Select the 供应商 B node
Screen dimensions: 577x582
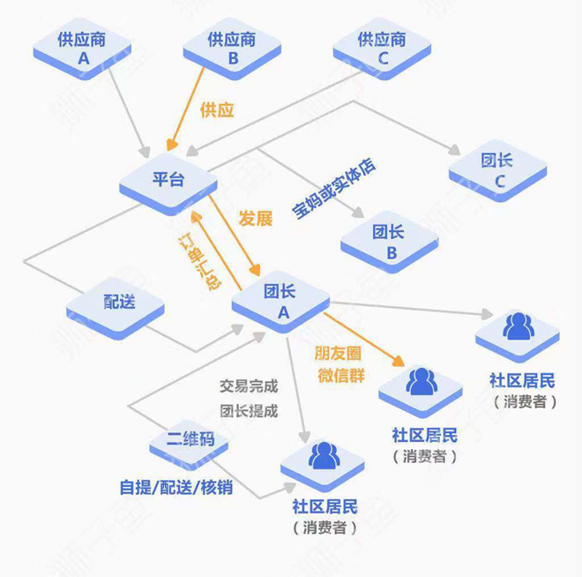point(233,49)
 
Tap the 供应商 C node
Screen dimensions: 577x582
point(381,49)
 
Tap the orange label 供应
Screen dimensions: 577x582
point(218,110)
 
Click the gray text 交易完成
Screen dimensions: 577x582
point(248,386)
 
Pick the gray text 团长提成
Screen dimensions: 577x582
point(248,410)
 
